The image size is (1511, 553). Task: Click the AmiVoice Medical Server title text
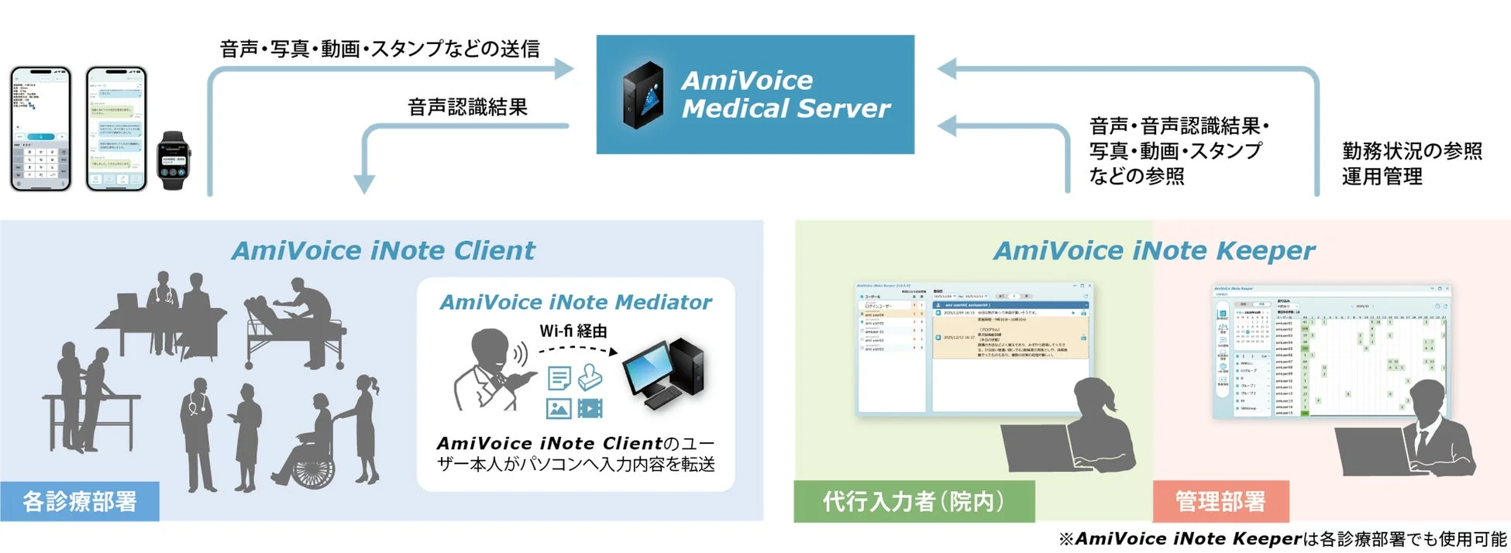point(785,94)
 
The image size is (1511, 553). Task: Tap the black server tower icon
point(643,94)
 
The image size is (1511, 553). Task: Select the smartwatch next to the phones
point(173,160)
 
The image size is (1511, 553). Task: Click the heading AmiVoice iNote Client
point(383,251)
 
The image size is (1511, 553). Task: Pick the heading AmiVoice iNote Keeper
point(1154,251)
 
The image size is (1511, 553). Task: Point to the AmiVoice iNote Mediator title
point(575,302)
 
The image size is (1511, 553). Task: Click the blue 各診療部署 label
point(80,501)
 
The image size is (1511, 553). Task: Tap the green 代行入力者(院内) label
point(914,501)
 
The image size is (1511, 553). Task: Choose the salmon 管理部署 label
point(1220,501)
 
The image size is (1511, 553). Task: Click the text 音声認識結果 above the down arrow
point(467,107)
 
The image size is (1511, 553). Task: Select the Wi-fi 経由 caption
point(573,331)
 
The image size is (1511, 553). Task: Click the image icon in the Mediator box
point(559,407)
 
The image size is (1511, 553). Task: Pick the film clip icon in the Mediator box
point(590,407)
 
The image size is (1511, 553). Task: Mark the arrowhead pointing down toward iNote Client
point(364,184)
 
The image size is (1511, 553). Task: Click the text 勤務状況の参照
point(1412,150)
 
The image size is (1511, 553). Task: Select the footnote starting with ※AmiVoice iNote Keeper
point(1282,539)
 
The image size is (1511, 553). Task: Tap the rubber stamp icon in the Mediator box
point(590,377)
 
